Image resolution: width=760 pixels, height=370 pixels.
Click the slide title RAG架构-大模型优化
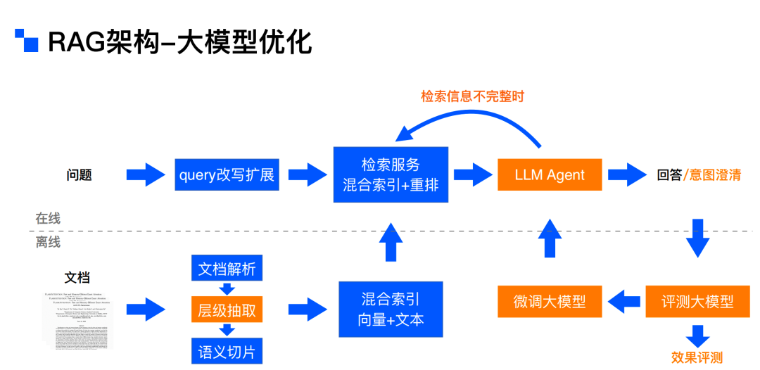[179, 42]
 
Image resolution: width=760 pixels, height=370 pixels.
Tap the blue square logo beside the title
[27, 41]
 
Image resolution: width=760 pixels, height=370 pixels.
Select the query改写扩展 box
[227, 174]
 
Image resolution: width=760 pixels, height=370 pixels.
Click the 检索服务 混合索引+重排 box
[391, 174]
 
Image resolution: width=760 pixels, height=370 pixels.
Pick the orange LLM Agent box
[550, 174]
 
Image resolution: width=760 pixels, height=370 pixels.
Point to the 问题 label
[79, 175]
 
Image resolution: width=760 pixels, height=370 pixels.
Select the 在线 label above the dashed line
[48, 218]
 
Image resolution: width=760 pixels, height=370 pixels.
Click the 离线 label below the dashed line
[48, 243]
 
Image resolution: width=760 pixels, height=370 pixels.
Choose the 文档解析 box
[227, 269]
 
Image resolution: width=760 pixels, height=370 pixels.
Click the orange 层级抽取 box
[227, 310]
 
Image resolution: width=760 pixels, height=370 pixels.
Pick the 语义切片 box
[227, 350]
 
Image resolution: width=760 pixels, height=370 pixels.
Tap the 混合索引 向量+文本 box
[391, 309]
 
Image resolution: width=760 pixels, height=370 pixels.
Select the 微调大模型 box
[550, 302]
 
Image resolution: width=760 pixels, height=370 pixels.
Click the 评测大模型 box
[697, 302]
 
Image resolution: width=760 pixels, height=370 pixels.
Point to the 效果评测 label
[697, 357]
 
